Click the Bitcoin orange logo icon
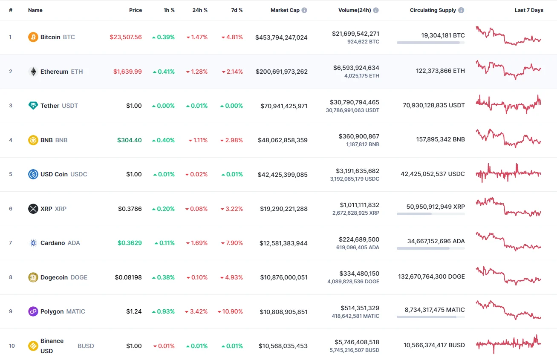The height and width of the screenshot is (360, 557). pos(33,37)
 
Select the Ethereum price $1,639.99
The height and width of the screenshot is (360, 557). pos(127,72)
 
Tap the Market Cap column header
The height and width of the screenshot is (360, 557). pos(285,10)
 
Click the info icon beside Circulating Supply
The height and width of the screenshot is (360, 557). pos(462,10)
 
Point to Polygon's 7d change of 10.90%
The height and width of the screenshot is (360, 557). pos(230,311)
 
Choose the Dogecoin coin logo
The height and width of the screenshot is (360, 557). pos(33,277)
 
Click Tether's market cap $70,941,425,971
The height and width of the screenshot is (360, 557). pos(284,106)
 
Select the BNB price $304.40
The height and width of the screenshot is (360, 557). pos(130,140)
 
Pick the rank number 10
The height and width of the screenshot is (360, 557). pos(12,346)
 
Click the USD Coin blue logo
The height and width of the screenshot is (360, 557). pos(33,174)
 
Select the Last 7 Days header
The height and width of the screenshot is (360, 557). pos(529,10)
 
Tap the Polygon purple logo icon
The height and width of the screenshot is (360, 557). pos(33,311)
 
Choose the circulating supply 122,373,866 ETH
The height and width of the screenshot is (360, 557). pos(440,71)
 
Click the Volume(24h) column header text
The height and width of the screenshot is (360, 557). pos(355,10)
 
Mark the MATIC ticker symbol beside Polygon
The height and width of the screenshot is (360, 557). pos(76,311)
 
